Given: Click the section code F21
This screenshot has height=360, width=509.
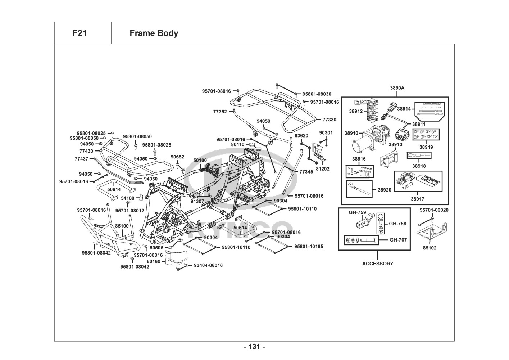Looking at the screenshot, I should (x=79, y=33).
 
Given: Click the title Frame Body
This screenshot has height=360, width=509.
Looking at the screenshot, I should (x=154, y=33).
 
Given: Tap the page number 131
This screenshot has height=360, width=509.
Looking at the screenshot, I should (x=254, y=347).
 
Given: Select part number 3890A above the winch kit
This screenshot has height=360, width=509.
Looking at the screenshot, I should (x=397, y=88).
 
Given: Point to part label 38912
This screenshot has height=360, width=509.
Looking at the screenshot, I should (x=356, y=111).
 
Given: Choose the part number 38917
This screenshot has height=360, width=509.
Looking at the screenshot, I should (x=417, y=199).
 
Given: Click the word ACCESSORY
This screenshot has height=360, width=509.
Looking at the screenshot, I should (x=378, y=264).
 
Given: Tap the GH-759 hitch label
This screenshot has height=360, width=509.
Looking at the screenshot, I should (x=357, y=212).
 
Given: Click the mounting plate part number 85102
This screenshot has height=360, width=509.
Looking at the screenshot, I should (x=430, y=248).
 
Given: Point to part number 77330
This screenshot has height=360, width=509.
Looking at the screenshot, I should (x=330, y=120).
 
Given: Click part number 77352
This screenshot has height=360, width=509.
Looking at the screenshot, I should (x=220, y=112).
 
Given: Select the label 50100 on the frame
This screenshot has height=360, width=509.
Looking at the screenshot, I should (x=200, y=160).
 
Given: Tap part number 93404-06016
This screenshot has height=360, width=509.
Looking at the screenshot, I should (x=208, y=265).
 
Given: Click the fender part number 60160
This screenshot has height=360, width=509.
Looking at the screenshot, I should (x=154, y=261).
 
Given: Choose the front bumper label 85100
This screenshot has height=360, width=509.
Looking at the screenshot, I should (x=122, y=226).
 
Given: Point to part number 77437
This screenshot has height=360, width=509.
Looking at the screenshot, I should (x=81, y=159).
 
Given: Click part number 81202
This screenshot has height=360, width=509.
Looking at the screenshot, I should (x=323, y=168).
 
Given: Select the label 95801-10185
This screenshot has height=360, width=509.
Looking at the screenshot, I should (x=309, y=247).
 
